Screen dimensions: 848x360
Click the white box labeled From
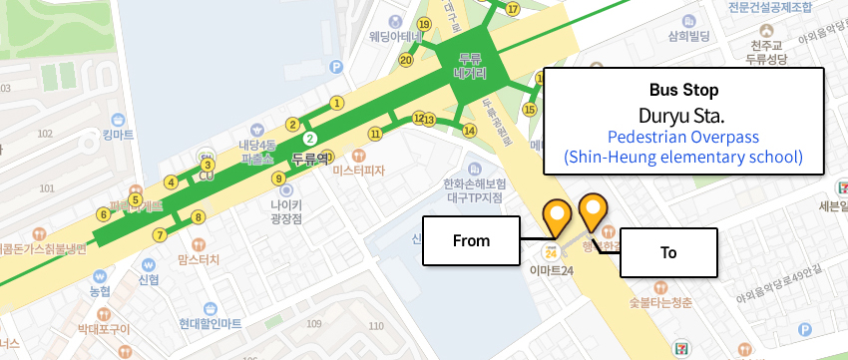coord(471,240)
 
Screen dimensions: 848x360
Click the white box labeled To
coord(668,252)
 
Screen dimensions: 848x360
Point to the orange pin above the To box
coord(594,209)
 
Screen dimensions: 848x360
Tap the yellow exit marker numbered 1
coord(337,102)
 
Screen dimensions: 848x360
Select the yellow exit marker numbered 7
coord(160,235)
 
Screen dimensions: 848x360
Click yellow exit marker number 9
coord(278,179)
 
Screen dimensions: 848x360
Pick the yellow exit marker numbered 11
coord(375,133)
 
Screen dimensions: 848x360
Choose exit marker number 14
coord(469,130)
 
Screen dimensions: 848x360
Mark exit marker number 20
coord(406,60)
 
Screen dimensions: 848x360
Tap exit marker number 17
coord(513,9)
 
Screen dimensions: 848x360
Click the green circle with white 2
coord(310,138)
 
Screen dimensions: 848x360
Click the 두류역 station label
coord(310,158)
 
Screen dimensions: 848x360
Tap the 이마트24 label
coord(551,270)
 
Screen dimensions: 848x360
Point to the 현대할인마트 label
coord(211,323)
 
